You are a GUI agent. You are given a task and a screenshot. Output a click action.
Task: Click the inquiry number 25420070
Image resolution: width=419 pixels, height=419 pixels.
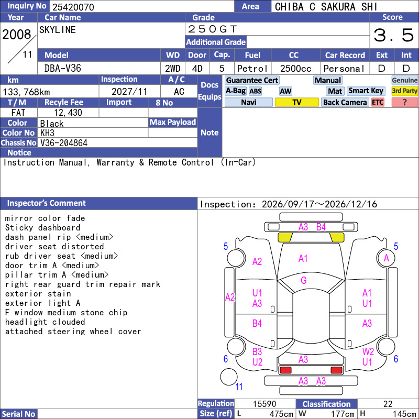73,7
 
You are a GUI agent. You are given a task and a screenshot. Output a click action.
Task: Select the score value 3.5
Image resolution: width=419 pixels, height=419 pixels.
394,35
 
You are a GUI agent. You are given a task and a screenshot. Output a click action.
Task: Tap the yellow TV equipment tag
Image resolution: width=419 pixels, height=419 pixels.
296,102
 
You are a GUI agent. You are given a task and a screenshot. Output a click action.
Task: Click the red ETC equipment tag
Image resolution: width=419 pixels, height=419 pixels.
378,102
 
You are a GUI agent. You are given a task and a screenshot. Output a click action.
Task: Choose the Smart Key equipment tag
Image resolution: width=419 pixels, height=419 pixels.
366,91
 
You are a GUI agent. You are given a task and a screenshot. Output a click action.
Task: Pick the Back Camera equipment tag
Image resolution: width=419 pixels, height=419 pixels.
345,102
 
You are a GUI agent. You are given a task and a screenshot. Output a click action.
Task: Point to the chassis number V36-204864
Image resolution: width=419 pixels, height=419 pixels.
64,143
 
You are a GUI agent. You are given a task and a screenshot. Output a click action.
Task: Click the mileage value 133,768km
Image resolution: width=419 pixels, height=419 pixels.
26,92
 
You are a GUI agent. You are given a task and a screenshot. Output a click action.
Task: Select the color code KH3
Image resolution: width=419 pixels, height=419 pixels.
47,133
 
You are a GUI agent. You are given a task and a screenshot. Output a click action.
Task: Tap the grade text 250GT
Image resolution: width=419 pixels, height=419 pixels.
213,29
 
